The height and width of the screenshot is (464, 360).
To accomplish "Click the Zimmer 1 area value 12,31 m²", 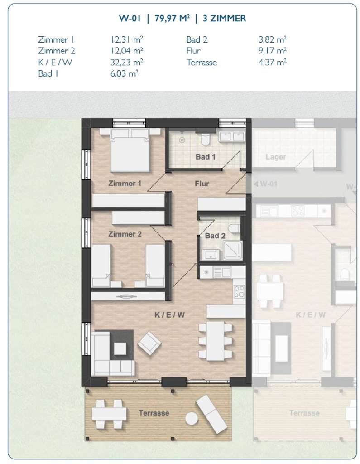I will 124,39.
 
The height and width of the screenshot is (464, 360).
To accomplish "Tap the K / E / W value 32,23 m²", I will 124,63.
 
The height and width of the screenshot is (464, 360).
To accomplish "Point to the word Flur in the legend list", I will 193,51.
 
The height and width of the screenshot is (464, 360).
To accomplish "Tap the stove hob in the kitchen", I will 239,291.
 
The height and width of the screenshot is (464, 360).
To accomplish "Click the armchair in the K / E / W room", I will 149,343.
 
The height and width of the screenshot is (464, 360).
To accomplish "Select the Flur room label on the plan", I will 202,184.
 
